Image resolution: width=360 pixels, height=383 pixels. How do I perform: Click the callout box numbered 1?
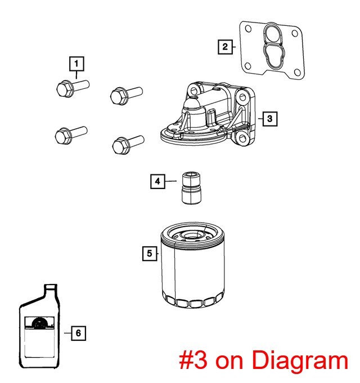(x=76, y=64)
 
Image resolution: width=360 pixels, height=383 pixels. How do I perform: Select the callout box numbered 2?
(x=225, y=47)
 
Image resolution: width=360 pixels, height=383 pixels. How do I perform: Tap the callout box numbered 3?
(x=270, y=119)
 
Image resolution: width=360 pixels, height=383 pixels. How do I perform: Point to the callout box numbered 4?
(x=157, y=181)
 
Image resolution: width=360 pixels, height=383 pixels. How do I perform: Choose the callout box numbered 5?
(x=150, y=253)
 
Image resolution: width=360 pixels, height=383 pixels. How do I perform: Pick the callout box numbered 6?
(x=78, y=333)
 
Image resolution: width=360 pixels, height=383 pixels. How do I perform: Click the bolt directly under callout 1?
(x=73, y=88)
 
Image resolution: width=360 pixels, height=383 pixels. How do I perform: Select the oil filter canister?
(x=193, y=265)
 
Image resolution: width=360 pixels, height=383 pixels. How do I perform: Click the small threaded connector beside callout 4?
(x=191, y=188)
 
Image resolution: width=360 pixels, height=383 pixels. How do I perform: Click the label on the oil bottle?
(x=39, y=337)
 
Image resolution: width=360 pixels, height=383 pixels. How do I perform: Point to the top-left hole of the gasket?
(x=248, y=29)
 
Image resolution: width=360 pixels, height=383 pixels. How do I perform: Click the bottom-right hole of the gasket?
(x=298, y=72)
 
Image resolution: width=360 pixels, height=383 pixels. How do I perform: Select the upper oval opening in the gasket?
(x=272, y=34)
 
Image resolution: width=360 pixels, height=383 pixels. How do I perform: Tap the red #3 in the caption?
(x=193, y=359)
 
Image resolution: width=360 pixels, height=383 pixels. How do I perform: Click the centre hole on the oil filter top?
(x=192, y=236)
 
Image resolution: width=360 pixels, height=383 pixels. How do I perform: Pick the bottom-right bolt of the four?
(x=128, y=145)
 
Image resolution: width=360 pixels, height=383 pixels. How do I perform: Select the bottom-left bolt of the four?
(x=71, y=134)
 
